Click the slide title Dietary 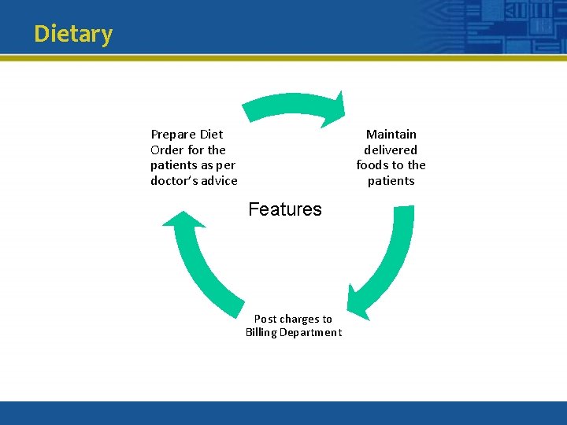click(x=73, y=34)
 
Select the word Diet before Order click(x=211, y=135)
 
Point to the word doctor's click(x=172, y=181)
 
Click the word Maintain click(x=391, y=135)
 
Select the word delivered click(x=391, y=150)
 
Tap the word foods click(x=373, y=165)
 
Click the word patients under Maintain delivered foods click(x=391, y=181)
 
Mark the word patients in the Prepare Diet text click(x=173, y=165)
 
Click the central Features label click(x=285, y=209)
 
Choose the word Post click(x=265, y=319)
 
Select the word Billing click(x=261, y=333)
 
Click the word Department click(x=312, y=333)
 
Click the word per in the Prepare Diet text click(x=225, y=165)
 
